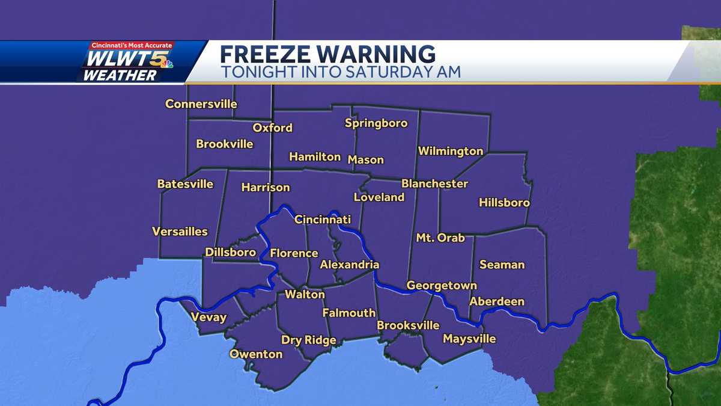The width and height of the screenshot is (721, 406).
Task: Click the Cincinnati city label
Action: (x=322, y=220)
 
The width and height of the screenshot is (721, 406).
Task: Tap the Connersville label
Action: (x=201, y=104)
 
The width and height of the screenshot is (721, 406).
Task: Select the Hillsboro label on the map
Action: (x=504, y=203)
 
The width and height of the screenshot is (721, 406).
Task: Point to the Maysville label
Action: (x=469, y=339)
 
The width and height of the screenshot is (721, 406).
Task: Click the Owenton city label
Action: (x=256, y=354)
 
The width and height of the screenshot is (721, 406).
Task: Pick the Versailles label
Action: (x=180, y=232)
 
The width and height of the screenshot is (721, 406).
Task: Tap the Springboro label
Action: (x=376, y=123)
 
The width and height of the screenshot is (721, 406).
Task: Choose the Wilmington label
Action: (x=451, y=151)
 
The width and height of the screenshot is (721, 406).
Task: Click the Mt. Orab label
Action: (x=440, y=238)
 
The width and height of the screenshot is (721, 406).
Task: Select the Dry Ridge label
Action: (x=309, y=340)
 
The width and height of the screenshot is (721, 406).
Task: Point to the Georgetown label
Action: (x=442, y=286)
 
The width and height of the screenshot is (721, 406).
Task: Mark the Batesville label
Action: (x=185, y=184)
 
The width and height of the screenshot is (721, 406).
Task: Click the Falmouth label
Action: (x=349, y=313)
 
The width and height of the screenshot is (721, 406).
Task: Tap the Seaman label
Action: (x=502, y=265)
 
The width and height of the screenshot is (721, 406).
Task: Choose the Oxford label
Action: (x=272, y=128)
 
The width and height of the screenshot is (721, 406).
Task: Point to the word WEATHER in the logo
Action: (x=119, y=75)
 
